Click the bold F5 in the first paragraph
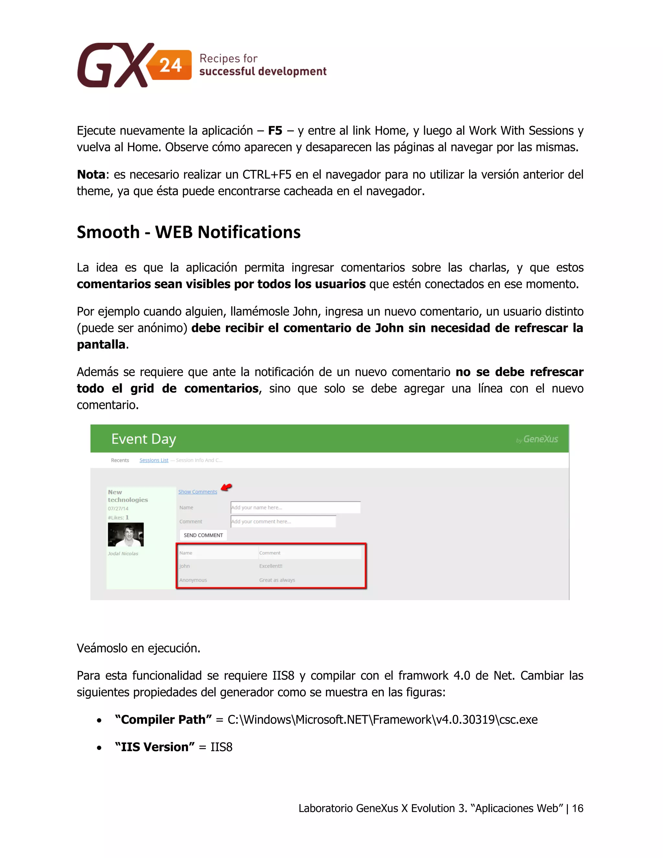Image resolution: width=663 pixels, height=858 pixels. (275, 130)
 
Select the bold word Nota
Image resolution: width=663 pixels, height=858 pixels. (91, 175)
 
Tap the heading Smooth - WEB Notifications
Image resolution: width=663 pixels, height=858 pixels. (188, 232)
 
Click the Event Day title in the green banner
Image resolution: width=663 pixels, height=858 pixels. (144, 439)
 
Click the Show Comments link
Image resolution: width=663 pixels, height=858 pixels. (197, 491)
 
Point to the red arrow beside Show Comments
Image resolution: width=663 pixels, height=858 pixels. (226, 487)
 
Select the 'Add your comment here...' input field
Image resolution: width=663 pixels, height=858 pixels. (283, 521)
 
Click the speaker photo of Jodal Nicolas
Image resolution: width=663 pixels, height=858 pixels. (126, 534)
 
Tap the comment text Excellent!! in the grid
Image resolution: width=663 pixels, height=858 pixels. (271, 566)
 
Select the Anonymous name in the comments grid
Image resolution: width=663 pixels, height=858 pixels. (193, 580)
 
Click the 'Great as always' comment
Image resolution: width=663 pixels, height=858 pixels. (277, 580)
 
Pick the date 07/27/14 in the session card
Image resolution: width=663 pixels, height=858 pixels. (118, 508)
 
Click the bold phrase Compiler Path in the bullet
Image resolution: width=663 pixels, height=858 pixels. (163, 719)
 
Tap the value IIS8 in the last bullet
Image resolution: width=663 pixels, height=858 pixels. (221, 747)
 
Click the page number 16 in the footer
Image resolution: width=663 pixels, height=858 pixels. (578, 808)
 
